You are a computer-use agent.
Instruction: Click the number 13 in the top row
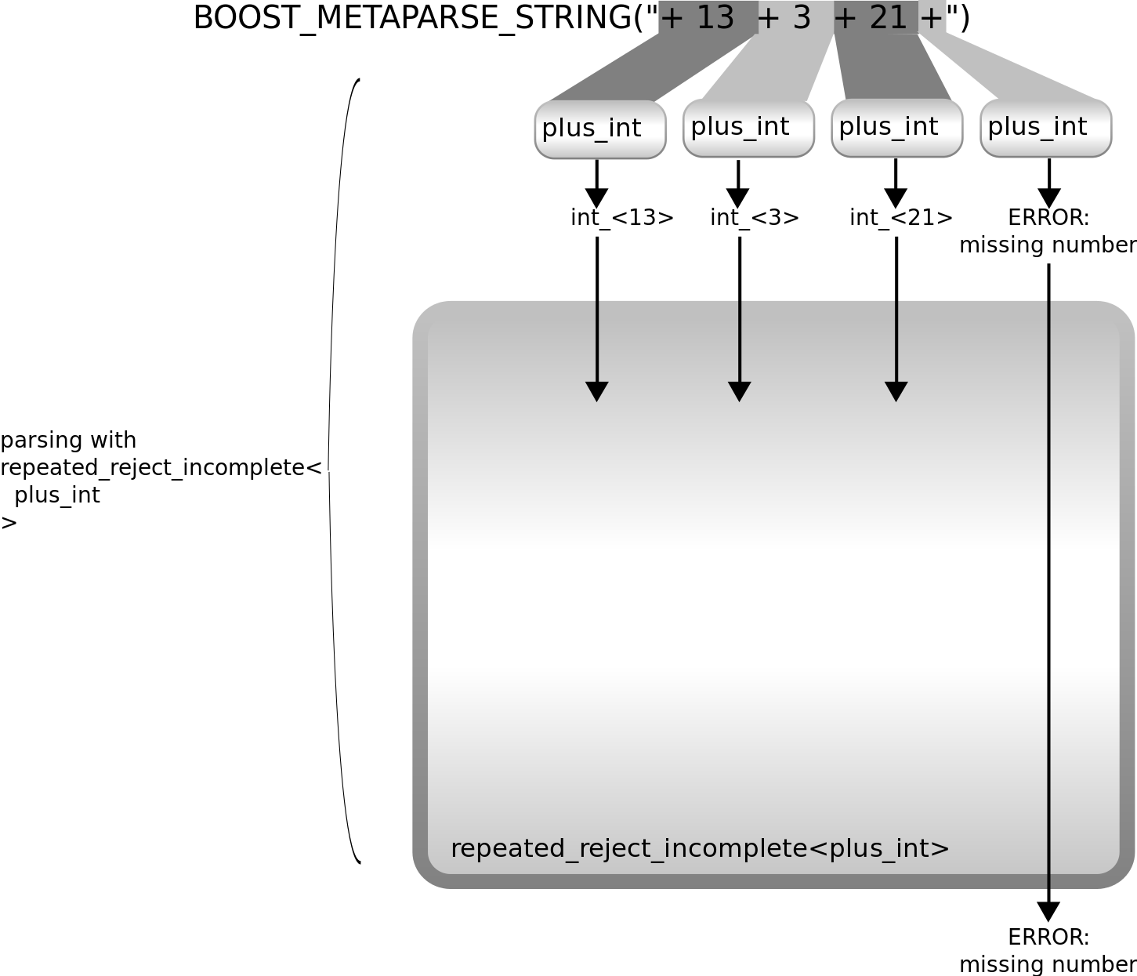[x=715, y=17]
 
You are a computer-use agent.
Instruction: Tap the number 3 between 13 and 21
[x=801, y=17]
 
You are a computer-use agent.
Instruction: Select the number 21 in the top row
[x=889, y=17]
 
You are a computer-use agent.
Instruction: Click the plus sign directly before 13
[x=672, y=18]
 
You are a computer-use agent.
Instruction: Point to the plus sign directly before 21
[x=846, y=18]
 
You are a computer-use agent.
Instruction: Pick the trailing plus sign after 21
[x=932, y=18]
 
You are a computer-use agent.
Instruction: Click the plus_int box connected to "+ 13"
[x=599, y=129]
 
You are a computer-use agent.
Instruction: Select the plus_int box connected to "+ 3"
[x=748, y=127]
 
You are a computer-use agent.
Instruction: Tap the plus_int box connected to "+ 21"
[x=896, y=127]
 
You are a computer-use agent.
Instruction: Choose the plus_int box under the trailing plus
[x=1045, y=127]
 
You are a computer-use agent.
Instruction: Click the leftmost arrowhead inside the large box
[x=597, y=391]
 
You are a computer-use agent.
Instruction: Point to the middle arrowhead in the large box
[x=740, y=391]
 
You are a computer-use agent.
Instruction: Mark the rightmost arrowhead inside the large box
[x=896, y=391]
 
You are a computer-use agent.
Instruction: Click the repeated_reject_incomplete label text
[x=700, y=848]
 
